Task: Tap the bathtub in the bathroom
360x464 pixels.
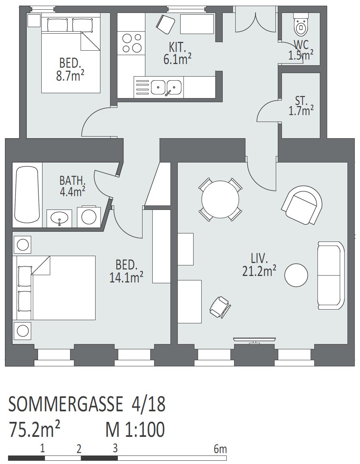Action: (x=27, y=195)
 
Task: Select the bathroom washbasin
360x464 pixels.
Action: (x=59, y=218)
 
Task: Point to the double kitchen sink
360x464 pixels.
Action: (x=166, y=87)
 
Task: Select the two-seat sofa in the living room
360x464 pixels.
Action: (x=331, y=275)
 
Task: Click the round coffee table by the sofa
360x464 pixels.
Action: (x=296, y=275)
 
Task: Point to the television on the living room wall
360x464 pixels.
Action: (x=254, y=339)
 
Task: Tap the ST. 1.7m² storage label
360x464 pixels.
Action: (x=301, y=106)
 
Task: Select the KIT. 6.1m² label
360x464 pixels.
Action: (x=177, y=53)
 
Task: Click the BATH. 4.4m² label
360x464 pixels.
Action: (x=72, y=186)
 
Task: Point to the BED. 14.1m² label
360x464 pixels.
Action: (x=126, y=271)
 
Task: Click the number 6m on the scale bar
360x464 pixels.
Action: (x=220, y=449)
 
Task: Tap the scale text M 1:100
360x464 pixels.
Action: (x=135, y=430)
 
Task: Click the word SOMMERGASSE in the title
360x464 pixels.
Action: (x=65, y=404)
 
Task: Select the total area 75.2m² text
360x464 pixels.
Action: (x=34, y=430)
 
